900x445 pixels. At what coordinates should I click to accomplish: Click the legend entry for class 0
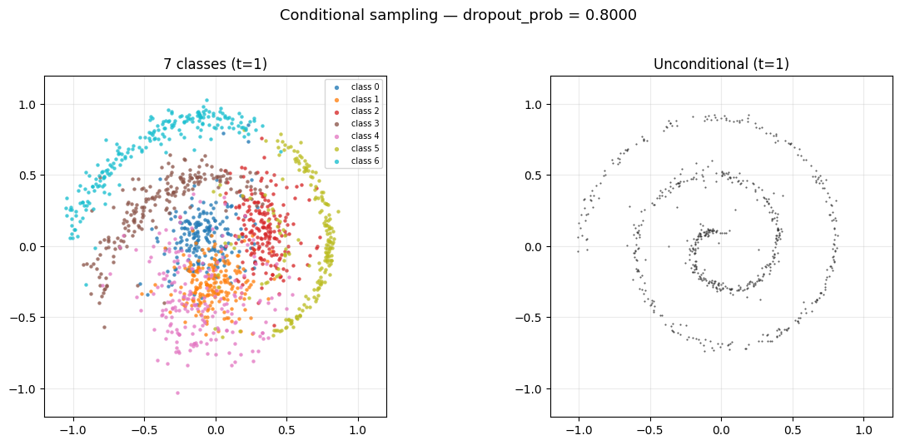[x=365, y=87]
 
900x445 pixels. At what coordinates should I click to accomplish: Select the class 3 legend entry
[x=365, y=123]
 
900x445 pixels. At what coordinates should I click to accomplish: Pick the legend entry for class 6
[x=365, y=161]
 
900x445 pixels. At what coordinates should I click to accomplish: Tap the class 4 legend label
[x=365, y=136]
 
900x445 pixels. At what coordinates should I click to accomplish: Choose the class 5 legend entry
[x=365, y=148]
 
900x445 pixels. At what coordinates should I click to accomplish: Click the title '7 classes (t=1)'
[x=216, y=64]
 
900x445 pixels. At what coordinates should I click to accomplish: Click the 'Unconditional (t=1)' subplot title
[x=721, y=64]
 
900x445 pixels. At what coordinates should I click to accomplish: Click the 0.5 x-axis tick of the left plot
[x=286, y=430]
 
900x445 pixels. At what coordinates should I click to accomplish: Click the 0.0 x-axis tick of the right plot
[x=721, y=430]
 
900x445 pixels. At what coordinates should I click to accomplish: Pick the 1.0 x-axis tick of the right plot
[x=863, y=430]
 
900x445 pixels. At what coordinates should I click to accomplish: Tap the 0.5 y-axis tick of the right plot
[x=534, y=176]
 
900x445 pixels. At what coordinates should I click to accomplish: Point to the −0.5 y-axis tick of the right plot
[x=530, y=318]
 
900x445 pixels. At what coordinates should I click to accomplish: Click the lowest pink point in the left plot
[x=177, y=393]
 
